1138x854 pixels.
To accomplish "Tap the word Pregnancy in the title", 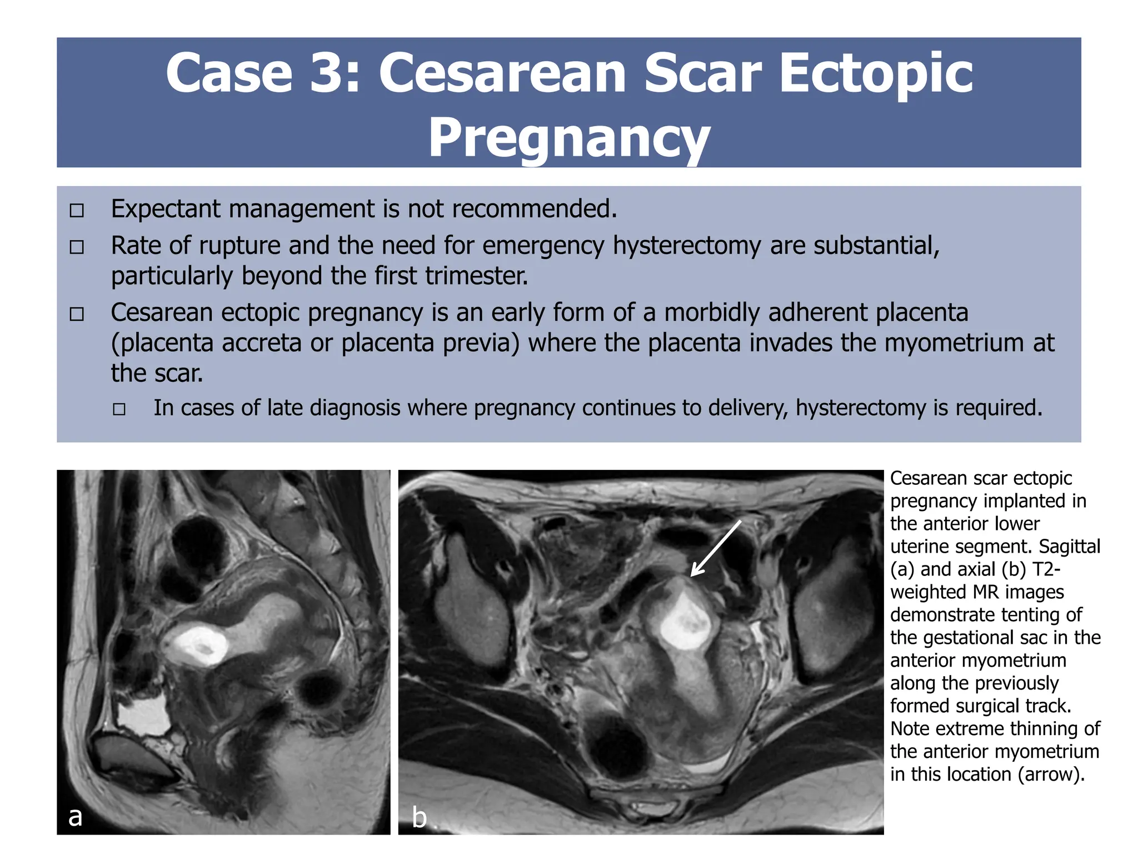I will click(x=569, y=138).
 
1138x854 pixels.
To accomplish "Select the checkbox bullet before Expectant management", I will click(x=77, y=210).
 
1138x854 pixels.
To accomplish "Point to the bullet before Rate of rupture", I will click(x=77, y=247).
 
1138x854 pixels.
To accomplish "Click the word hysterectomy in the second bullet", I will click(x=687, y=246).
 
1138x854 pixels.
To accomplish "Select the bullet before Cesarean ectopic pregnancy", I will click(x=77, y=314).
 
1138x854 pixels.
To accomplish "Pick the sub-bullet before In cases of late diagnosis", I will click(x=119, y=410).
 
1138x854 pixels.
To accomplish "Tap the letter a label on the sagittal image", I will click(x=75, y=816).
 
